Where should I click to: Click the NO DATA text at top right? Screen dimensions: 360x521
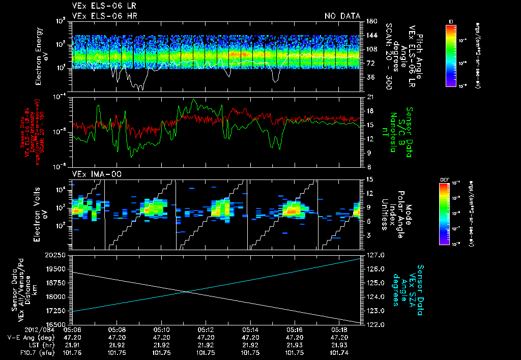tap(342, 16)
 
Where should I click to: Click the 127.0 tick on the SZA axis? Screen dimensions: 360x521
tap(374, 255)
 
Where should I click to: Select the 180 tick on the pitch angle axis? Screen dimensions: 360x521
tap(370, 21)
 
